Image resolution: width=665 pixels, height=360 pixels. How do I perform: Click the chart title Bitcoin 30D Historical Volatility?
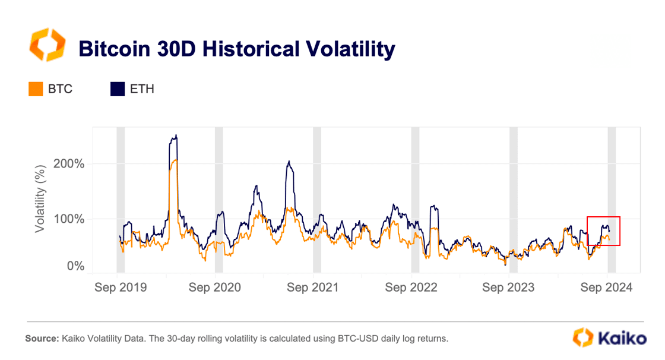click(x=236, y=49)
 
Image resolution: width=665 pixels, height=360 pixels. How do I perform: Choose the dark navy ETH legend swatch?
click(x=118, y=89)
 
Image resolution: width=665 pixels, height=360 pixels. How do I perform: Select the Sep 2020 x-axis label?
click(x=214, y=288)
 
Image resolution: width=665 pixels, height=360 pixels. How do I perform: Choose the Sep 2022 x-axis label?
click(x=411, y=288)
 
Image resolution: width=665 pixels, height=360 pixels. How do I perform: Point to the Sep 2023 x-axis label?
click(x=508, y=288)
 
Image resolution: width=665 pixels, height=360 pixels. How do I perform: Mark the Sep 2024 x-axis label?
click(x=606, y=288)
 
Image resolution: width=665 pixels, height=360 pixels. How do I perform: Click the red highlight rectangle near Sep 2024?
click(x=603, y=230)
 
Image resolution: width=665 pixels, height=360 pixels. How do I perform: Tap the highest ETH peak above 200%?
click(x=176, y=136)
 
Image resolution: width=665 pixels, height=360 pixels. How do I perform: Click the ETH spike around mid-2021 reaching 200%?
click(x=289, y=162)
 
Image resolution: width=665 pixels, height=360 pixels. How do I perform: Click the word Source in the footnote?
click(x=42, y=339)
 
